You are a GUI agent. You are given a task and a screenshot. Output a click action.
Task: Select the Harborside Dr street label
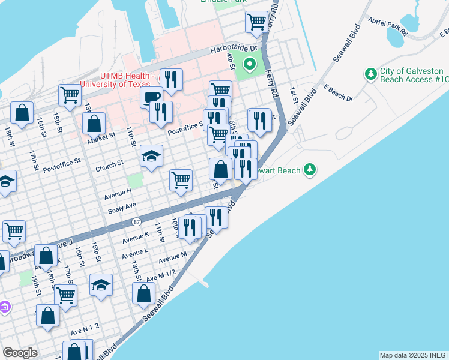[x=233, y=50]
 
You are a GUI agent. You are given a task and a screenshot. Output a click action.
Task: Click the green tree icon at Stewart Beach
[x=310, y=170]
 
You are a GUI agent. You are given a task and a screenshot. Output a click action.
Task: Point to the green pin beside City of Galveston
[x=370, y=74]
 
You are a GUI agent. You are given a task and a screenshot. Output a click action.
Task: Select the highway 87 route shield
[x=137, y=222]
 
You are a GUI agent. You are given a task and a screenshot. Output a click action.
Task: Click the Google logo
[x=20, y=353]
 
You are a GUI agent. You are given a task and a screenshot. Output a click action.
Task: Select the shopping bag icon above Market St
[x=95, y=123]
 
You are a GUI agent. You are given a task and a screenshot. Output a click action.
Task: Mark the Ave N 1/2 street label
[x=85, y=331]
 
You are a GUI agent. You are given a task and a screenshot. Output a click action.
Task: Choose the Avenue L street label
[x=135, y=253]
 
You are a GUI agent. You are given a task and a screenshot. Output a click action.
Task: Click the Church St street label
[x=109, y=163]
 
